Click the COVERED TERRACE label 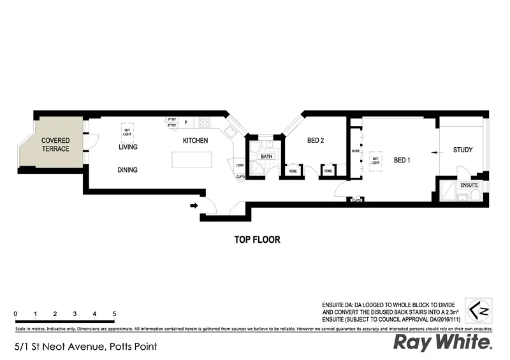pyautogui.click(x=55, y=145)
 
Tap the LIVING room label pyautogui.click(x=127, y=147)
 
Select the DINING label pyautogui.click(x=127, y=170)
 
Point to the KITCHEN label pyautogui.click(x=195, y=141)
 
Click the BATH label pyautogui.click(x=266, y=156)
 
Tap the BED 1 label pyautogui.click(x=402, y=160)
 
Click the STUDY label pyautogui.click(x=462, y=150)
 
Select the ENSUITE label pyautogui.click(x=470, y=185)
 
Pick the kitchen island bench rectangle pyautogui.click(x=189, y=162)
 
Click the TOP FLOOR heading pyautogui.click(x=258, y=240)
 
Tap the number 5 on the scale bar pyautogui.click(x=114, y=314)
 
